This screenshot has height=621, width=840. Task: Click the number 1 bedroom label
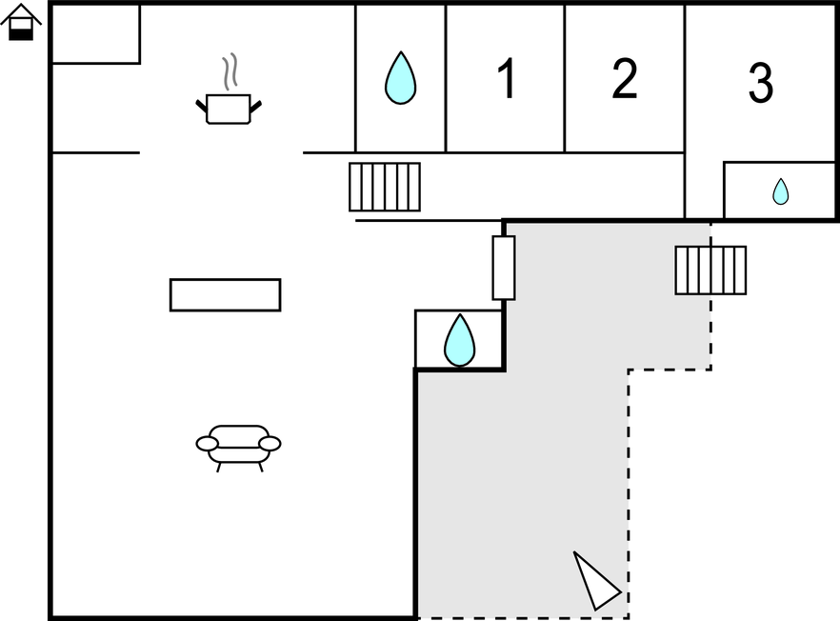[507, 78]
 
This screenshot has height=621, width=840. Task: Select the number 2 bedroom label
[625, 78]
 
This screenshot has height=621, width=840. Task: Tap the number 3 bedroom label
[761, 83]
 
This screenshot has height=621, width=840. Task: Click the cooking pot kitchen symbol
[229, 109]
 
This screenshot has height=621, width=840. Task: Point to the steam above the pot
[230, 71]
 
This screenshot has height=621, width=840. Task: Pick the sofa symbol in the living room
[238, 448]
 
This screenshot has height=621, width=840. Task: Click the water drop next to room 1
[400, 78]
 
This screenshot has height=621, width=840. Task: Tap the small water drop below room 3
[781, 191]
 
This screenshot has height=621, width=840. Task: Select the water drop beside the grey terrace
[459, 340]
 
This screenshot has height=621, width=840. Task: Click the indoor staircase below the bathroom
[385, 187]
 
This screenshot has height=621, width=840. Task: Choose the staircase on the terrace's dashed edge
[710, 270]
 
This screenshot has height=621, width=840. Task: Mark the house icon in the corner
[21, 22]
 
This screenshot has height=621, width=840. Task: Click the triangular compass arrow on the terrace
[596, 581]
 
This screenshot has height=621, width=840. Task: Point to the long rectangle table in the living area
[225, 294]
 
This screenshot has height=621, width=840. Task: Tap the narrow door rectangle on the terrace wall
[504, 268]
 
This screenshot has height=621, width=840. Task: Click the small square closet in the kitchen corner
[96, 33]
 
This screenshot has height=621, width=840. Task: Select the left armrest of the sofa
[207, 444]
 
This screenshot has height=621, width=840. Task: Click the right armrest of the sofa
[270, 444]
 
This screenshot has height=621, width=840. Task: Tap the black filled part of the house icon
[21, 34]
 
